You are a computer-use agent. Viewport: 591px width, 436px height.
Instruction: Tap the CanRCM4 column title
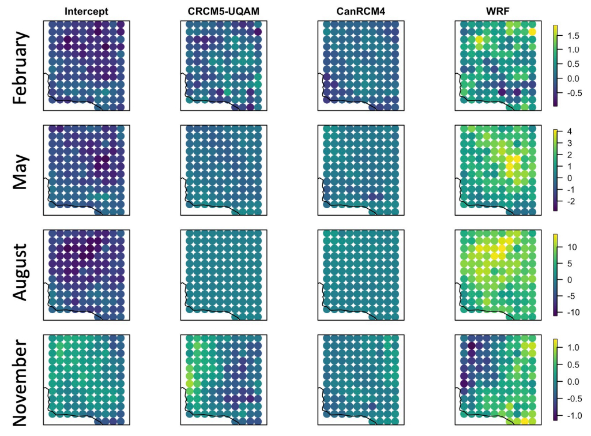(360, 12)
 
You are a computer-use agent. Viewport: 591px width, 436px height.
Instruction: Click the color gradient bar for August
(555, 275)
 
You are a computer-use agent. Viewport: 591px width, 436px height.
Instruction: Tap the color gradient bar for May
(555, 170)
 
